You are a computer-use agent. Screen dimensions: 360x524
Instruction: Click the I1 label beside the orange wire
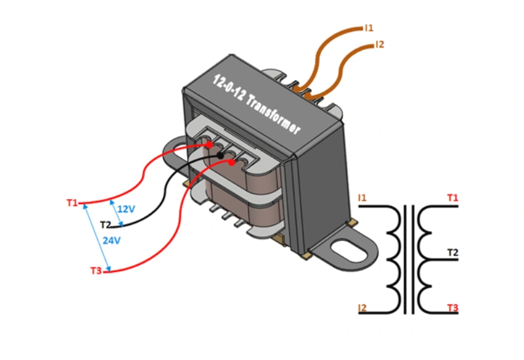[369, 28]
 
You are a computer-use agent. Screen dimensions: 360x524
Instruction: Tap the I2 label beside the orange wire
[380, 45]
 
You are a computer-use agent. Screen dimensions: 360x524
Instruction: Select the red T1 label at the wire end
[71, 202]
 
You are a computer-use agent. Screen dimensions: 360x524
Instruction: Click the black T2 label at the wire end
[105, 225]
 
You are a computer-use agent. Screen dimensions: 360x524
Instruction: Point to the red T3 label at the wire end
[96, 270]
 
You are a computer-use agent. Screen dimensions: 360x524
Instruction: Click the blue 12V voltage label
[126, 209]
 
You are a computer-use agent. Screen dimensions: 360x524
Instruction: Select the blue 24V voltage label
[111, 240]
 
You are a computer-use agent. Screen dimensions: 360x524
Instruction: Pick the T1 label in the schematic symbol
[453, 197]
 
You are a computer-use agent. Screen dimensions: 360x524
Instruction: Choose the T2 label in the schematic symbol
[453, 252]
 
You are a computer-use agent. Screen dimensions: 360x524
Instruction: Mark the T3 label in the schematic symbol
[453, 308]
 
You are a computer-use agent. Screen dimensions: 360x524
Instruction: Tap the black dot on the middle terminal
[221, 155]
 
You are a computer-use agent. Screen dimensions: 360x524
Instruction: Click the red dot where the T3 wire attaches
[231, 162]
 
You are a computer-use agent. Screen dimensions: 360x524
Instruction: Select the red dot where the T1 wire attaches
[209, 145]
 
